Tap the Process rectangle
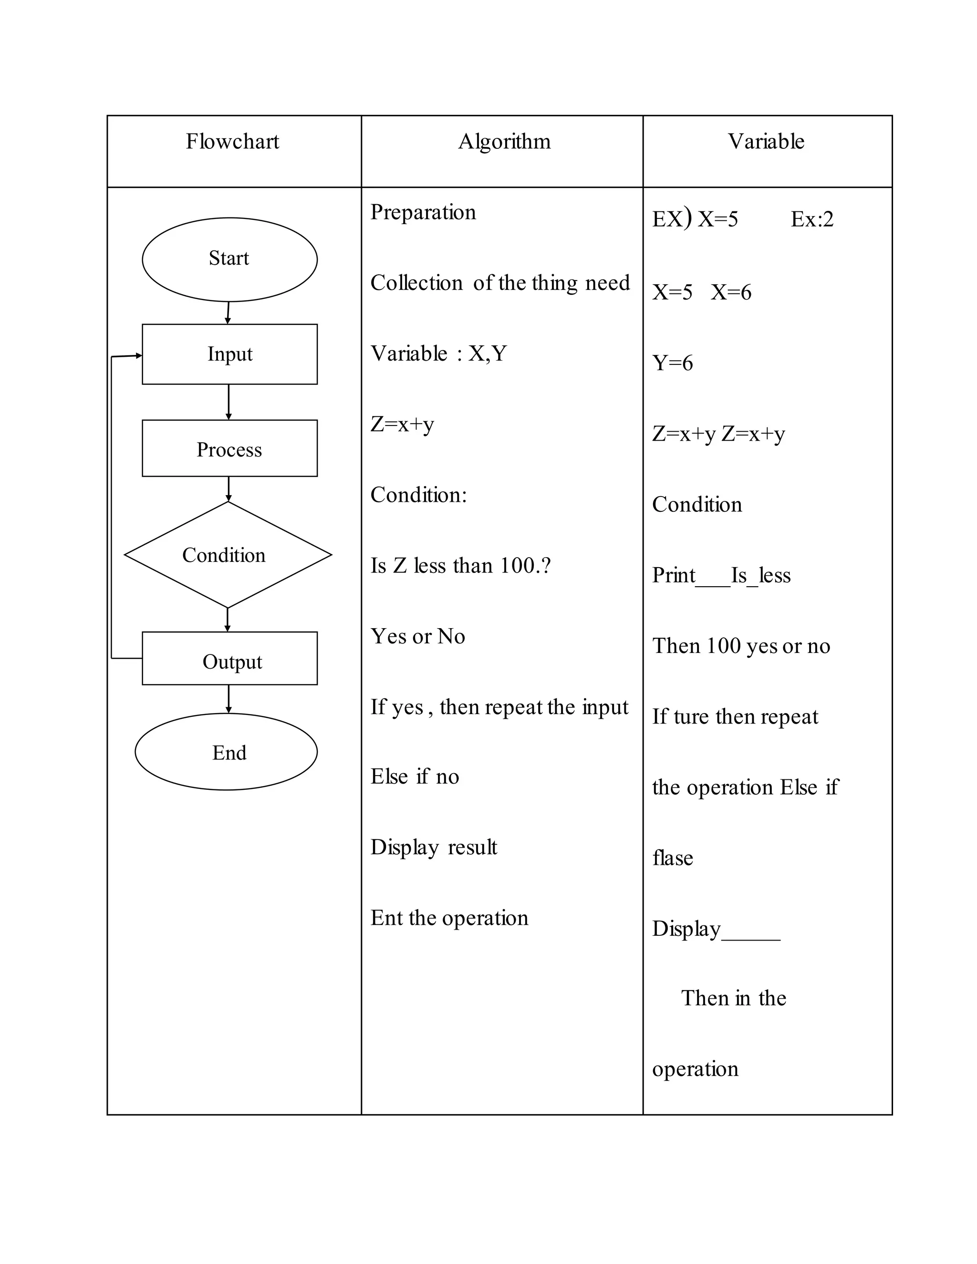(x=229, y=448)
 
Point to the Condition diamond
(x=228, y=554)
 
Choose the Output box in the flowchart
(x=229, y=658)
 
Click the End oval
(x=226, y=751)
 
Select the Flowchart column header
(x=232, y=141)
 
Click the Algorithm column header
(x=504, y=141)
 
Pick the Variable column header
(x=766, y=141)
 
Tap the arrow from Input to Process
(x=229, y=402)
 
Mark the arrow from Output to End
(x=229, y=699)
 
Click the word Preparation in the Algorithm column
(x=423, y=212)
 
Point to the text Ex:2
(x=812, y=219)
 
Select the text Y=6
(x=673, y=363)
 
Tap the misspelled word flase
(x=673, y=857)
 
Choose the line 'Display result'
(x=434, y=847)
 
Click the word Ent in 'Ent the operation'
(x=386, y=917)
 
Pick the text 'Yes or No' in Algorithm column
(x=417, y=636)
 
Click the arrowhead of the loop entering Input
(x=138, y=355)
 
